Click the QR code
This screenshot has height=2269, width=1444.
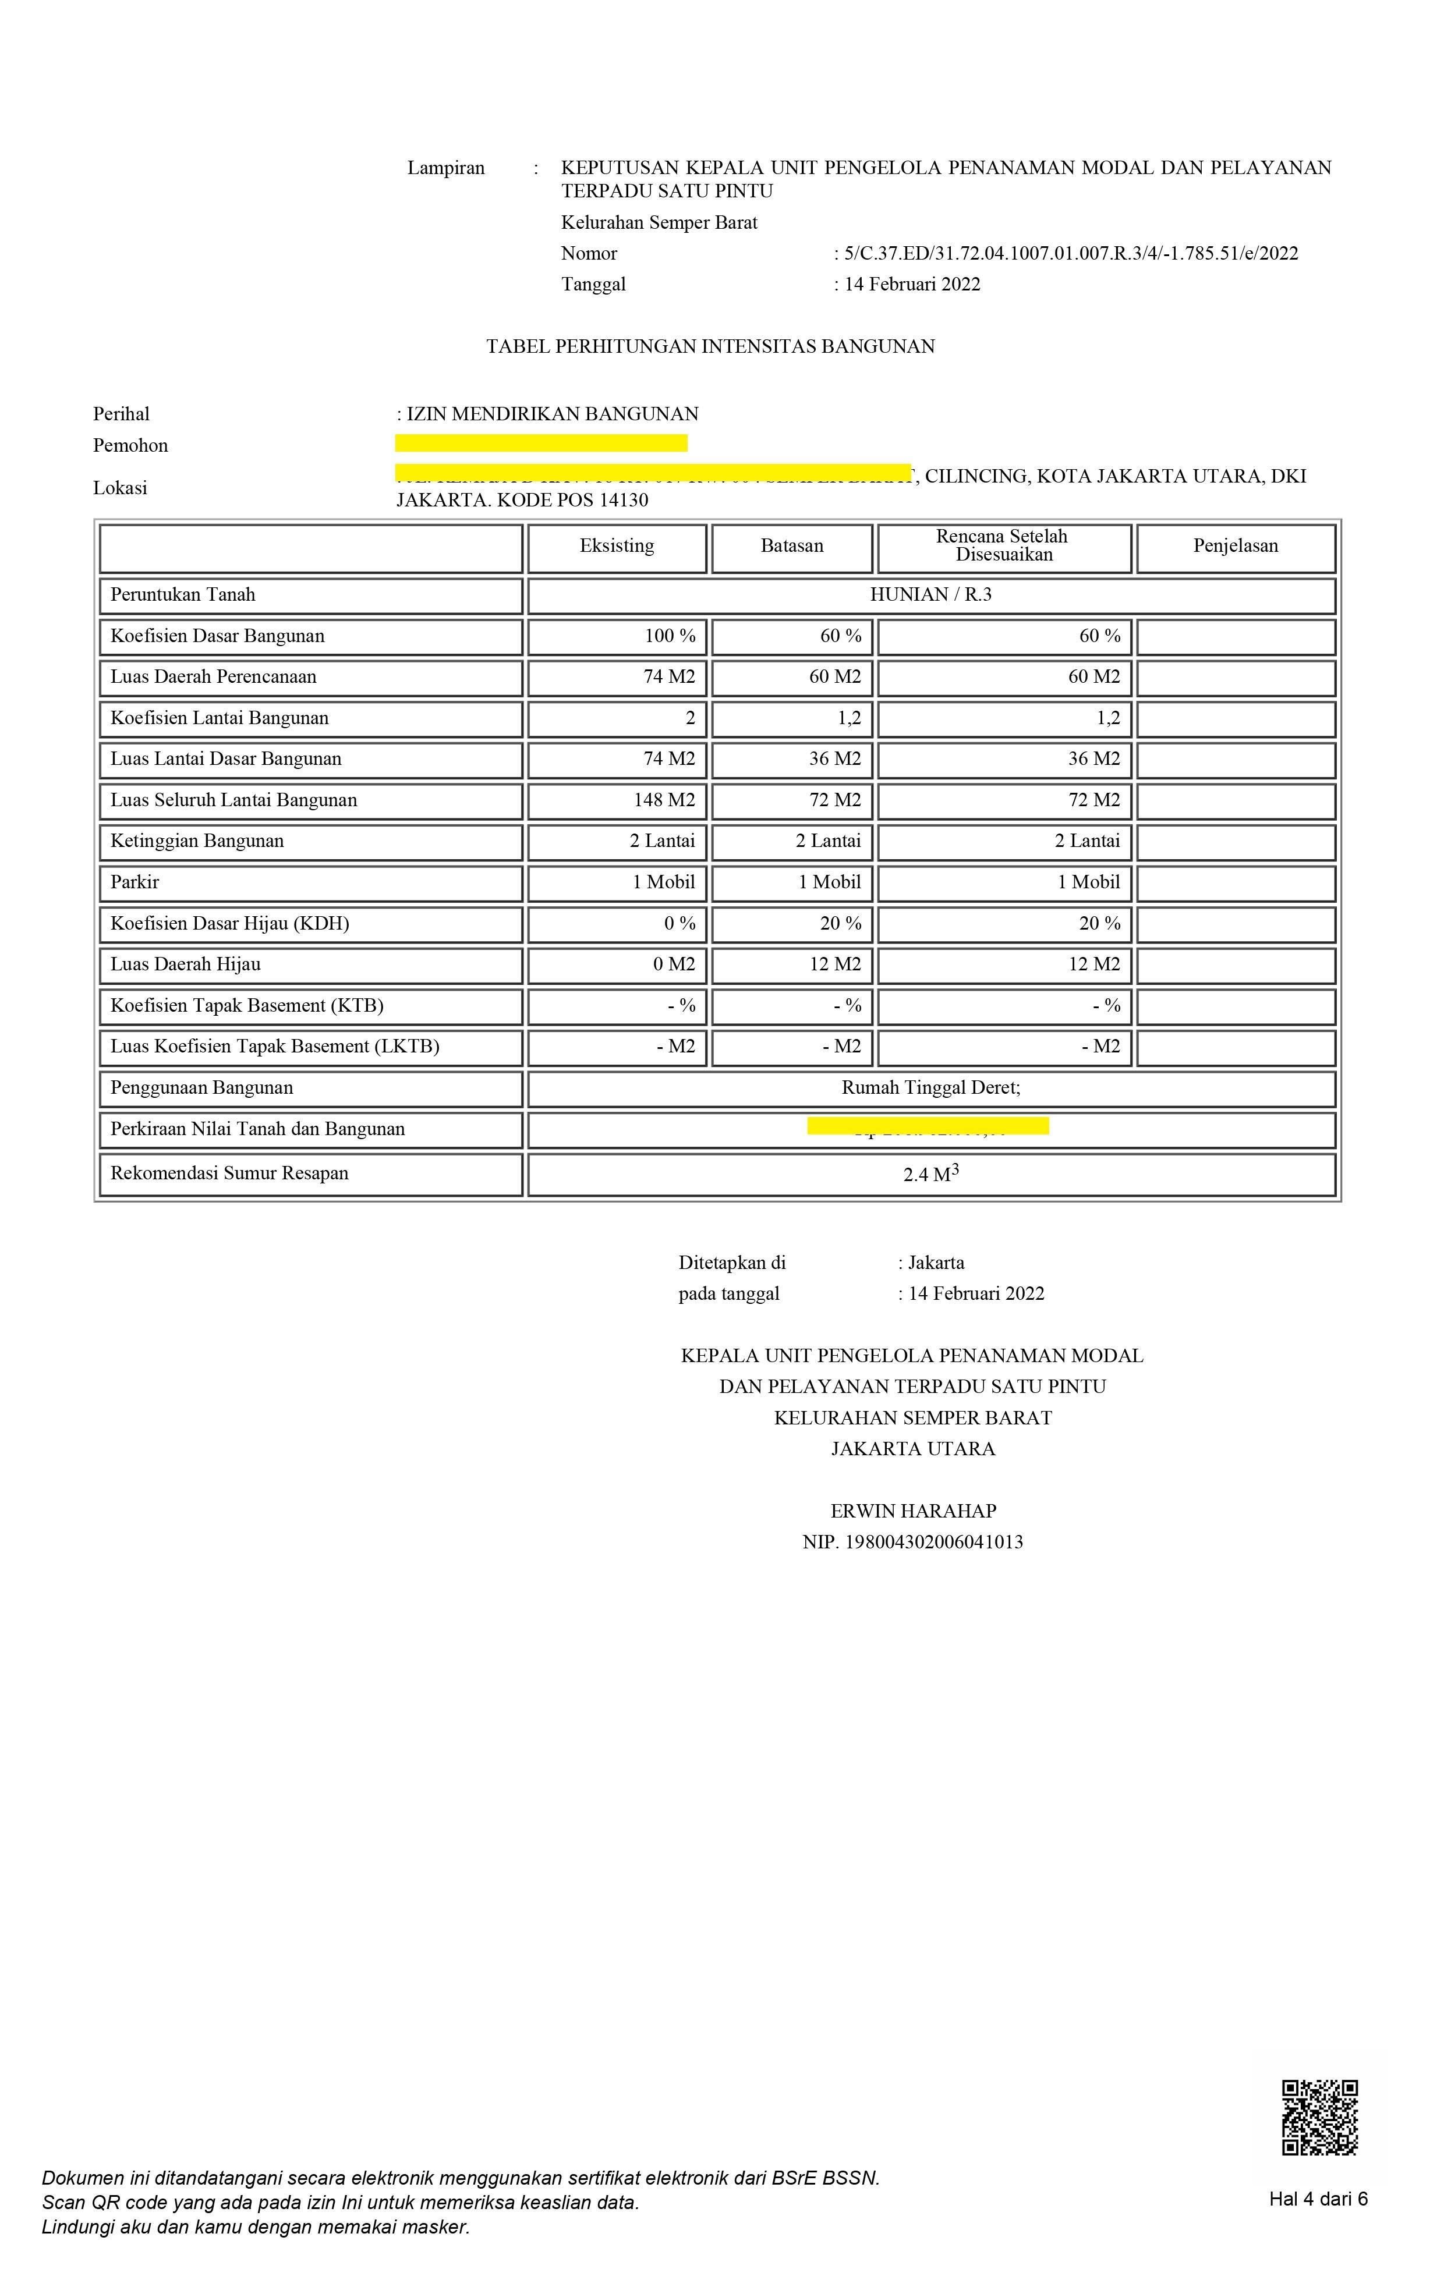(x=1319, y=2116)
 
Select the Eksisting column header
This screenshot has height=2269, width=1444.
(x=617, y=547)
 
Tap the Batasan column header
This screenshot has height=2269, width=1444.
(x=792, y=547)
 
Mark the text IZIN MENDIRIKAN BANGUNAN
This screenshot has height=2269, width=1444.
(x=553, y=414)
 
